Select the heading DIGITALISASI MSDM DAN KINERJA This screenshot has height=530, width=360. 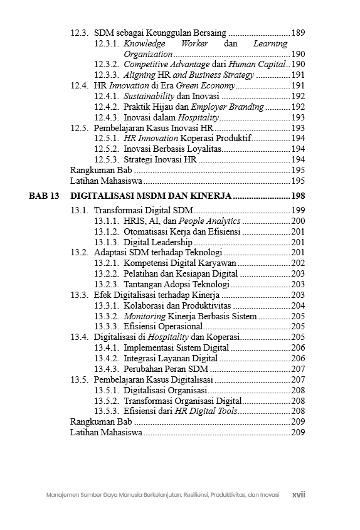click(x=151, y=196)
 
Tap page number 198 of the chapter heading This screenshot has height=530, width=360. click(x=298, y=196)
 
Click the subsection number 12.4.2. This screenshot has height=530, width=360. click(x=107, y=107)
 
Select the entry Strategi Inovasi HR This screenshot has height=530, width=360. click(x=160, y=159)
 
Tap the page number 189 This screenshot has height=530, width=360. click(x=299, y=33)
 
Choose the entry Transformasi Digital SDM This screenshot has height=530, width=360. click(x=144, y=210)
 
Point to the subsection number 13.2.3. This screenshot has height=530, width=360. click(x=107, y=284)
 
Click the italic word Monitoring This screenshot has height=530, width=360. click(x=144, y=316)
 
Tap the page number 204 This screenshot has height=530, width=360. click(x=299, y=305)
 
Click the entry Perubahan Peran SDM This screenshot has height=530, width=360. click(x=166, y=369)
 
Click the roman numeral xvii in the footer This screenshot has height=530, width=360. click(x=299, y=494)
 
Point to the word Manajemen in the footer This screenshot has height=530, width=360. click(x=60, y=495)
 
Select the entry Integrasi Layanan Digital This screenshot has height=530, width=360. click(x=171, y=358)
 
